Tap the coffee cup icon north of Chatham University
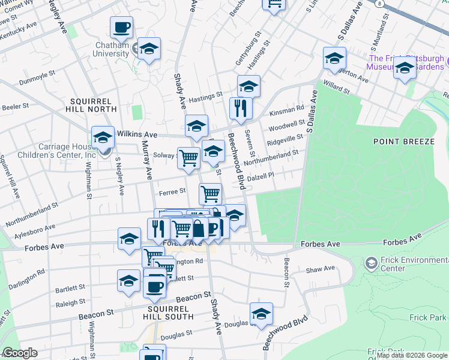click(x=121, y=27)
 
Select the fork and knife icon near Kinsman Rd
click(x=241, y=109)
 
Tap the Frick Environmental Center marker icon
click(x=372, y=263)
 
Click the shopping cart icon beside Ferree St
click(x=210, y=193)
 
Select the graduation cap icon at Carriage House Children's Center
click(x=103, y=137)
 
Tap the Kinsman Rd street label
click(x=287, y=109)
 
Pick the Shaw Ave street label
click(x=320, y=270)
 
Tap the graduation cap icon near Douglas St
click(x=261, y=314)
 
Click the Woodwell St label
click(x=287, y=124)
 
